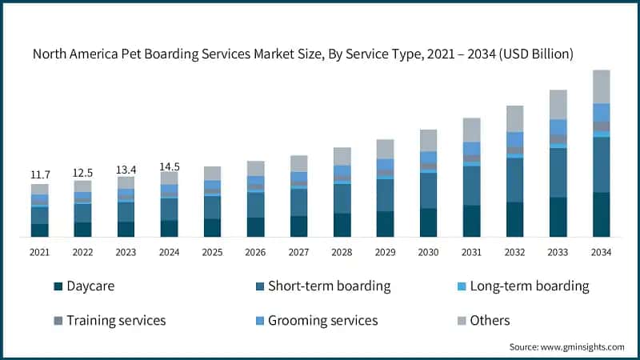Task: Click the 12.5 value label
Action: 82,173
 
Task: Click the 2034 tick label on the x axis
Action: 600,251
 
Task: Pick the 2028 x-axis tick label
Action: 342,251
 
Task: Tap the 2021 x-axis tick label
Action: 40,251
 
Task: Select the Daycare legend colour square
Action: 58,286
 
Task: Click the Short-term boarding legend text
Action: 329,286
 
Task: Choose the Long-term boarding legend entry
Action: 529,286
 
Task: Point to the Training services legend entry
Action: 116,320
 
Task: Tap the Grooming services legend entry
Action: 322,320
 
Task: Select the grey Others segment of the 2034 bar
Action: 601,86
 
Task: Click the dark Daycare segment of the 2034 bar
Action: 601,214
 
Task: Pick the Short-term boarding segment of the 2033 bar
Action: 558,172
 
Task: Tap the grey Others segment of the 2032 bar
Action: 514,118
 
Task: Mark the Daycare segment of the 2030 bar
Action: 428,222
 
